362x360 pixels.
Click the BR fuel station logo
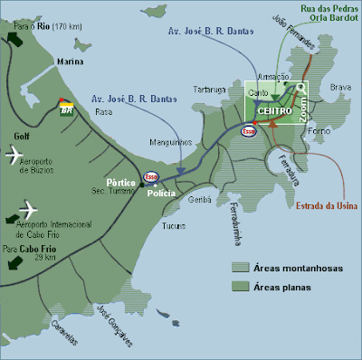coord(65,109)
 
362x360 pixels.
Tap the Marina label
coord(71,62)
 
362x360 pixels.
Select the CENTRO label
coord(272,111)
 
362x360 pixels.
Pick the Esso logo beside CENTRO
coord(248,130)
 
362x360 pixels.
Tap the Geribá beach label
coord(200,198)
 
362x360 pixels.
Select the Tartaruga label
coord(207,90)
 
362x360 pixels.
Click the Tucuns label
coord(175,225)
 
